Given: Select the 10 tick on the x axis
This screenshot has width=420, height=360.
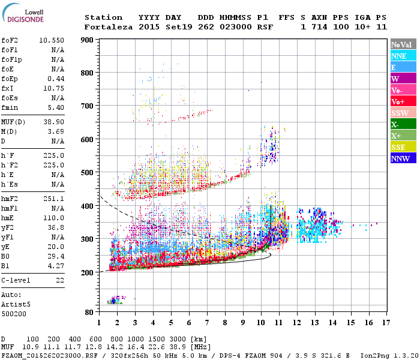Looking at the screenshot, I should pos(261,322).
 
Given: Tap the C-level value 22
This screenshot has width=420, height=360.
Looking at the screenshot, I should pos(59,281).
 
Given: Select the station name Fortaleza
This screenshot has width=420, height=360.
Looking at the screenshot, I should pos(109,27).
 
